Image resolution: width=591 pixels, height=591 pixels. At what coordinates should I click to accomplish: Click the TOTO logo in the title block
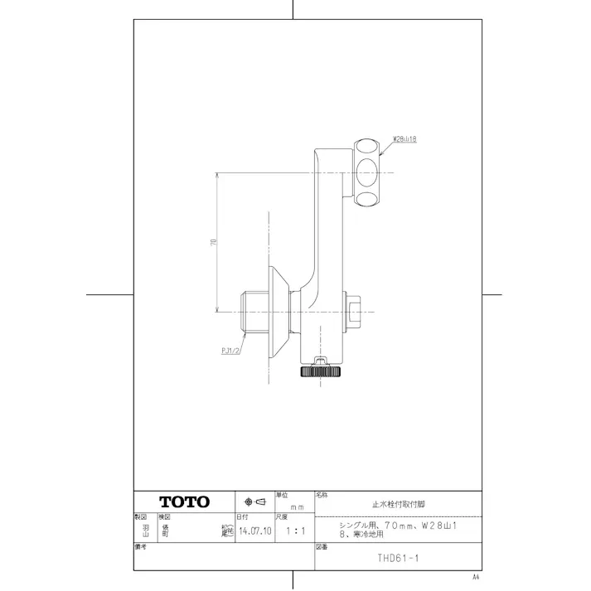(184, 501)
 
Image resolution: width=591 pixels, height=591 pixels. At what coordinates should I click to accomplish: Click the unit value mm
(295, 506)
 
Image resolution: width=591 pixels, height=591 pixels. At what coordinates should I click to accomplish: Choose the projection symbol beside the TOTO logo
(254, 502)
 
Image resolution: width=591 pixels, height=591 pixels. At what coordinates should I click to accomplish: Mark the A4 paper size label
(476, 575)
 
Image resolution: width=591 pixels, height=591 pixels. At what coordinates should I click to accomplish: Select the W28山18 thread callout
(404, 140)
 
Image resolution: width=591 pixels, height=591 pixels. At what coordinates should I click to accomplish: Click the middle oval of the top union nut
(366, 173)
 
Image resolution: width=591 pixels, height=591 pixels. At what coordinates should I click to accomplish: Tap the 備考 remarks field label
(140, 548)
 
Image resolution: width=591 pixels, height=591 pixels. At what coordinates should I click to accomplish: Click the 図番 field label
(322, 548)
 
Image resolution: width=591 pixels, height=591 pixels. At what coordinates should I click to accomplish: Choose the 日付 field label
(243, 516)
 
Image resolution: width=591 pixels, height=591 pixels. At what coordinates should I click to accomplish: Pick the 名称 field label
(322, 495)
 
